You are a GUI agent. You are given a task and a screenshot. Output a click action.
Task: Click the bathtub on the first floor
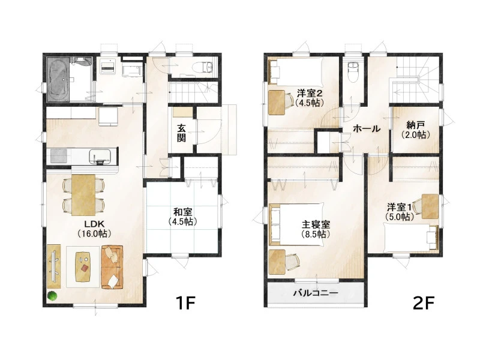pos(58,79)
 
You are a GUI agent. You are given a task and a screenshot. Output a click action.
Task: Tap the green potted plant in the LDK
pos(52,296)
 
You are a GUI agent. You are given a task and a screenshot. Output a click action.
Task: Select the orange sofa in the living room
pos(112,266)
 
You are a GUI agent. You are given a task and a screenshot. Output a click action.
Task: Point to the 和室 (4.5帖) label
pos(182,217)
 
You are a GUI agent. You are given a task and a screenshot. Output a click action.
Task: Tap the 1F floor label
pos(185,303)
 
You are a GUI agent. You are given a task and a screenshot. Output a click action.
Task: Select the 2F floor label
pos(424,303)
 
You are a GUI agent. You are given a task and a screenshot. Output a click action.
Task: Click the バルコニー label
pos(316,293)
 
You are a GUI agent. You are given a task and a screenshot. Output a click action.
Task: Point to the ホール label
pos(367,128)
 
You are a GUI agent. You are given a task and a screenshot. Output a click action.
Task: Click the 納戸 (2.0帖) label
pos(415,130)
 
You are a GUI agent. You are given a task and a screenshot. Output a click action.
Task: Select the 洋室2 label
pos(310,94)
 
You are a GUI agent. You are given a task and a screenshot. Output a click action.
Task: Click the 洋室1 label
pos(399,206)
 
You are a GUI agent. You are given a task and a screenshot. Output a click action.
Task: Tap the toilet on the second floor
pos(353,71)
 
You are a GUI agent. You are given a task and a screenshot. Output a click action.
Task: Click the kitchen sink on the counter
pos(100,155)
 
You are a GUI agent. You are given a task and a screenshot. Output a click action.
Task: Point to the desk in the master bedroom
pos(277,262)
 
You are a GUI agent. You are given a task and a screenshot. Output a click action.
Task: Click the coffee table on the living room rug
pos(83,266)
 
